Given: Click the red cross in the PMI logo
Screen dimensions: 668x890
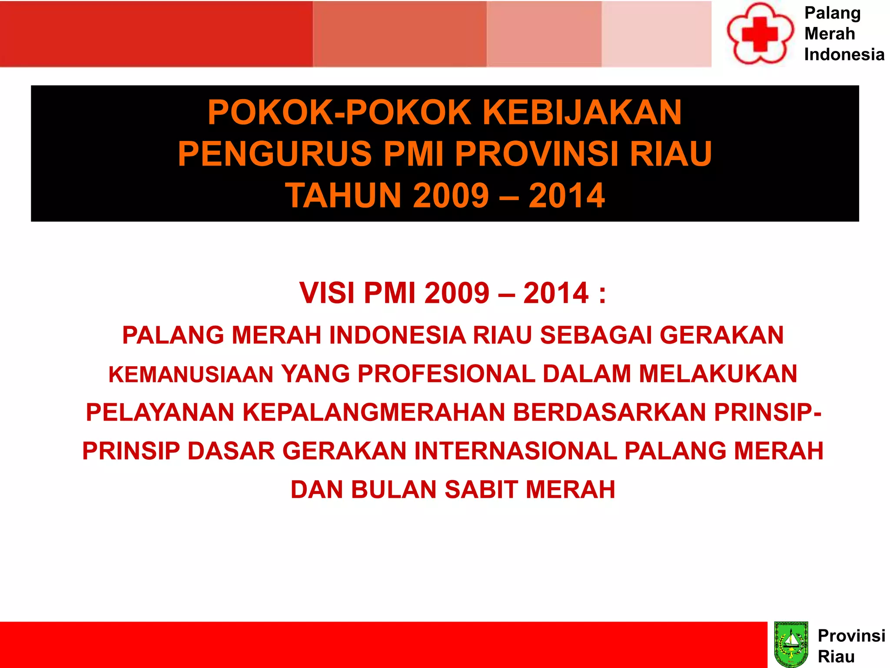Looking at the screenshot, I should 760,34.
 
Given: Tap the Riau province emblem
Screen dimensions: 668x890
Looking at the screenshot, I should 791,645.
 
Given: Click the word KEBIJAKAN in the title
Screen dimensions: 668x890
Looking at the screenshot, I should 582,113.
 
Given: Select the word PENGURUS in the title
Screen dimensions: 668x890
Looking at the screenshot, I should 275,154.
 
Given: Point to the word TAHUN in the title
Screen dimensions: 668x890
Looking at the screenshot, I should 343,196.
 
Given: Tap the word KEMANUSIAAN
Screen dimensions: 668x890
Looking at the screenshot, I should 191,375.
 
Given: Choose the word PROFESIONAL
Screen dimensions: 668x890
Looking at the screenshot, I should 446,374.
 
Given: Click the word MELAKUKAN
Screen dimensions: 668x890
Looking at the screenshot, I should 718,374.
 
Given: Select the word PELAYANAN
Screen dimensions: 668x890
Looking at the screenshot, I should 160,412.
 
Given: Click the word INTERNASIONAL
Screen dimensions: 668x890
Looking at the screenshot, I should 515,451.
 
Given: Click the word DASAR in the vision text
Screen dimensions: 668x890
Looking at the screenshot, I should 231,451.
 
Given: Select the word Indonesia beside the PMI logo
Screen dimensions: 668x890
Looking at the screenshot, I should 844,55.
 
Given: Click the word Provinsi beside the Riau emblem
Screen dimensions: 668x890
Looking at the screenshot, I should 851,636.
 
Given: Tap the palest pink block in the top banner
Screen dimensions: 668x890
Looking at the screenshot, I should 656,34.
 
